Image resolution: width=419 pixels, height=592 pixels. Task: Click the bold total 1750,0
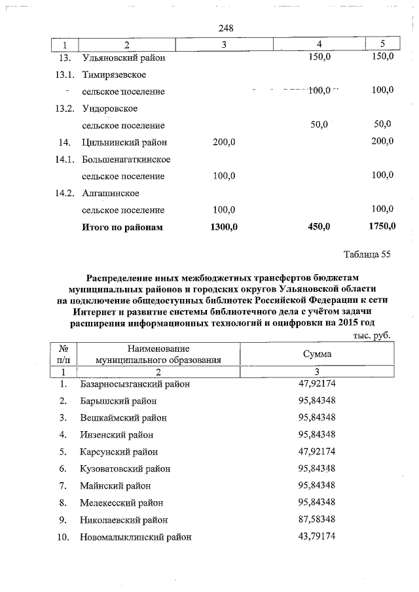[379, 227]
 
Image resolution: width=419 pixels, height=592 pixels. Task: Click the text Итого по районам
[122, 228]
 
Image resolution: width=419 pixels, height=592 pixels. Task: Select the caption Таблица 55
[367, 255]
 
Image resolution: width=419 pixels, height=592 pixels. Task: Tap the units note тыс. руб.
[372, 334]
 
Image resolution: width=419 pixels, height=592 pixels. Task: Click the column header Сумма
[316, 353]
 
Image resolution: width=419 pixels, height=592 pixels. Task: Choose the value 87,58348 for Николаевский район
[317, 519]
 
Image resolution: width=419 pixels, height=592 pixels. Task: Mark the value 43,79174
[317, 536]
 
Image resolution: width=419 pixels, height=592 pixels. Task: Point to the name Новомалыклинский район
[136, 537]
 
